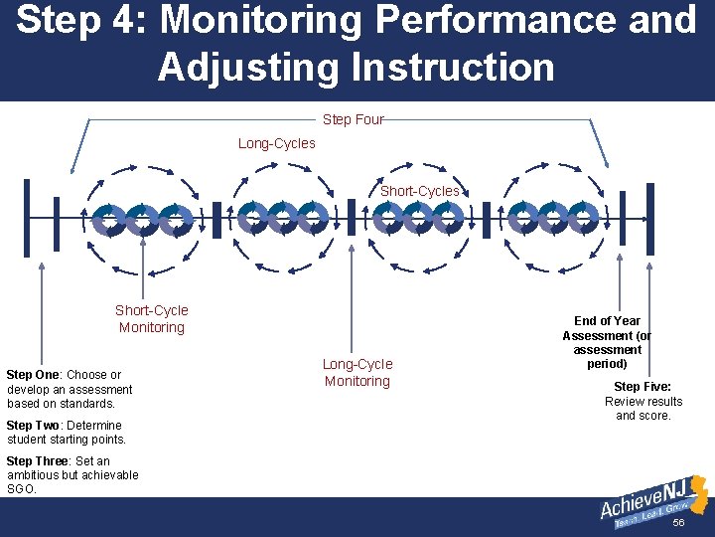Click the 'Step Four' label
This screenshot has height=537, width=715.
pyautogui.click(x=353, y=119)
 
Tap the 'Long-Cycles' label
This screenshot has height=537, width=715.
pyautogui.click(x=276, y=143)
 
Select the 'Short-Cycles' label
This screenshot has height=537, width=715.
pyautogui.click(x=419, y=191)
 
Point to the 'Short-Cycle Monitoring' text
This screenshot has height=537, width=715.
pyautogui.click(x=151, y=318)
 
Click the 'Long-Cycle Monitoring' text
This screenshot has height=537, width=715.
pyautogui.click(x=357, y=372)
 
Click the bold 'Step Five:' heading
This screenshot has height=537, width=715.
pyautogui.click(x=643, y=387)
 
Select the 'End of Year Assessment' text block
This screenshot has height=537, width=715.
pyautogui.click(x=607, y=342)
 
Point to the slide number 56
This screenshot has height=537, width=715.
pyautogui.click(x=679, y=523)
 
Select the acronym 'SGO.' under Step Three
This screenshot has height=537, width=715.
pyautogui.click(x=21, y=489)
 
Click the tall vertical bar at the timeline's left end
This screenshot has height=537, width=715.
pyautogui.click(x=27, y=218)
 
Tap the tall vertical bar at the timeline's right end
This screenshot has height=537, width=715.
pyautogui.click(x=649, y=218)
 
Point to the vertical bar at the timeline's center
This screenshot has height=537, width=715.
pyautogui.click(x=351, y=218)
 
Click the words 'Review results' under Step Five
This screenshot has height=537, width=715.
pyautogui.click(x=643, y=402)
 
